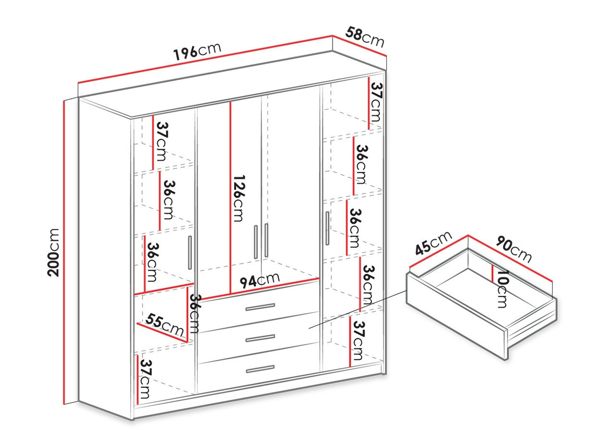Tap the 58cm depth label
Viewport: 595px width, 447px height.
(365, 38)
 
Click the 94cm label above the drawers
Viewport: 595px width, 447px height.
(260, 280)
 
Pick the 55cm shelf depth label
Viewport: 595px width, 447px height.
(165, 325)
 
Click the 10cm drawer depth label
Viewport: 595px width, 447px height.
(502, 288)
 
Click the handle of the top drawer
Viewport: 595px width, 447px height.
(260, 307)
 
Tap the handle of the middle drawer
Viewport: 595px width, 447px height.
(260, 339)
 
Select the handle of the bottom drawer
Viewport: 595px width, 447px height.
(260, 370)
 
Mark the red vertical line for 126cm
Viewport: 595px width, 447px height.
(231, 197)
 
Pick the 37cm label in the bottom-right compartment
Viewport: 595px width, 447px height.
(358, 341)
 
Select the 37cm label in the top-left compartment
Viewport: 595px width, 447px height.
(162, 141)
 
